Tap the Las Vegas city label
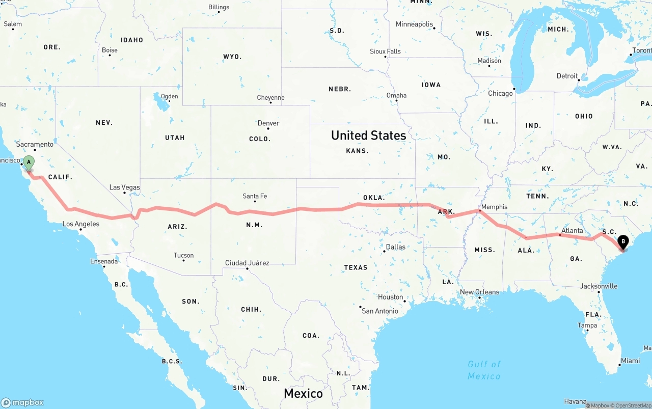click(125, 187)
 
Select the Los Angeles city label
click(81, 224)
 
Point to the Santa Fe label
click(255, 196)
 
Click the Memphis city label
click(494, 207)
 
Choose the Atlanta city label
click(572, 231)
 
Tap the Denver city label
click(268, 123)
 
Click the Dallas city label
click(396, 247)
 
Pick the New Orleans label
click(479, 292)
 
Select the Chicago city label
click(500, 94)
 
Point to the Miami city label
click(630, 361)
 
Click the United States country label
click(368, 135)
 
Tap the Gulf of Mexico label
click(484, 370)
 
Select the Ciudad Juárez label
click(247, 263)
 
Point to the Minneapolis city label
click(414, 24)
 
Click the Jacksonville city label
click(599, 286)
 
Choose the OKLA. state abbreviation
click(374, 198)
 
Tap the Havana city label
click(575, 402)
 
